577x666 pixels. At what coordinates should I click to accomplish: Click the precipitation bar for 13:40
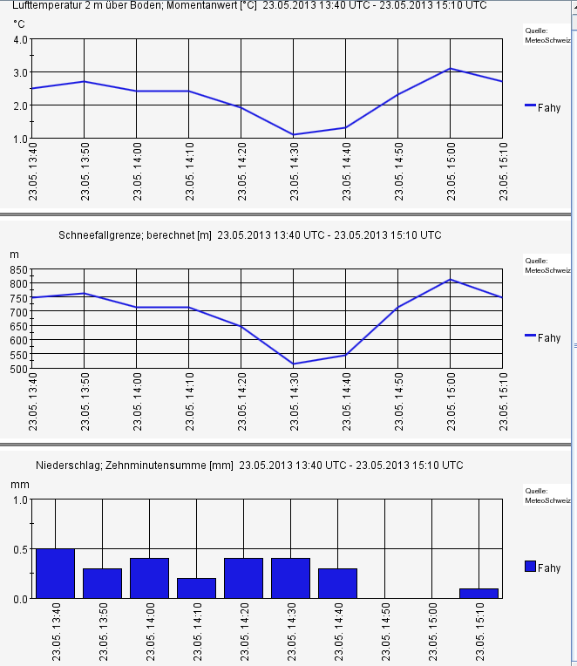coord(55,574)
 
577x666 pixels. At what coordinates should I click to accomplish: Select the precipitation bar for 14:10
coord(196,588)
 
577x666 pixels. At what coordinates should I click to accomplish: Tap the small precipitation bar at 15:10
coord(479,594)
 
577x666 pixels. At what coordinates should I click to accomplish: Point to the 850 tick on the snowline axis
coord(19,270)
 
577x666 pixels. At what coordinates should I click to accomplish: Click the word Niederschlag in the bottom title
coord(67,466)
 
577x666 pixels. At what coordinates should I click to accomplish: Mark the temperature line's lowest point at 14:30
coord(294,134)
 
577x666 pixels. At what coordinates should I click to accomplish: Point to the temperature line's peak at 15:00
coord(451,69)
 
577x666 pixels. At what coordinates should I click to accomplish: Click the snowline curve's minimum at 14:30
coord(294,364)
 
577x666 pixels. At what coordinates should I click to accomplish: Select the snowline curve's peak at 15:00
coord(451,280)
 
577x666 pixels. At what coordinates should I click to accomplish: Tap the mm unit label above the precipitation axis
coord(19,483)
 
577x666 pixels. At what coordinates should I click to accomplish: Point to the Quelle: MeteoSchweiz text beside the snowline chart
coord(547,265)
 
